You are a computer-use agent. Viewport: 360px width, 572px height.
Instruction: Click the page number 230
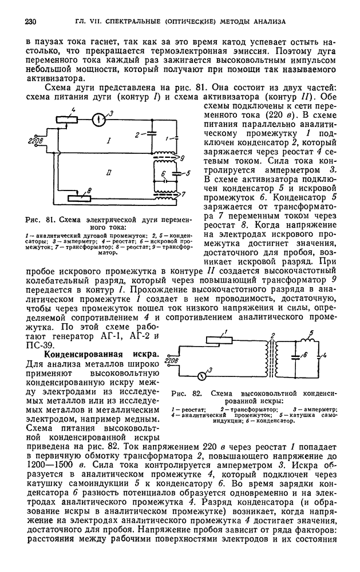31,22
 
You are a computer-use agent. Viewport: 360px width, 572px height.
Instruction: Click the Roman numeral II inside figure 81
109,172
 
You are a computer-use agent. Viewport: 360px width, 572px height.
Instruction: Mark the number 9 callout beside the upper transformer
181,158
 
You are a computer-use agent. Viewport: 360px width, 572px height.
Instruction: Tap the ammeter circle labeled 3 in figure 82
203,376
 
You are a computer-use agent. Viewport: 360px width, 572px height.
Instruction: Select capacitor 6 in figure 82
295,357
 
